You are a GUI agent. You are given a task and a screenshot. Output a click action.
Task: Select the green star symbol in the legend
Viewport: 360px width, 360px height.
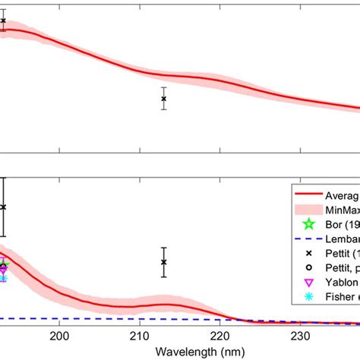[x=308, y=224]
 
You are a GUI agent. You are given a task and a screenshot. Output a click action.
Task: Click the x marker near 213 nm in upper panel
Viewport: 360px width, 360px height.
[x=163, y=99]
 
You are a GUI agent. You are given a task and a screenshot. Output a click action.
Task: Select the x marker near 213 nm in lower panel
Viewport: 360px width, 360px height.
[x=163, y=262]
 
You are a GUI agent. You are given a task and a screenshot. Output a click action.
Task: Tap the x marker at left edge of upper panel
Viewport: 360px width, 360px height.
[x=3, y=21]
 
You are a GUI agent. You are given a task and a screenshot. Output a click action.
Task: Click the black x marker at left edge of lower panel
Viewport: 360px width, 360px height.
[x=3, y=207]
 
